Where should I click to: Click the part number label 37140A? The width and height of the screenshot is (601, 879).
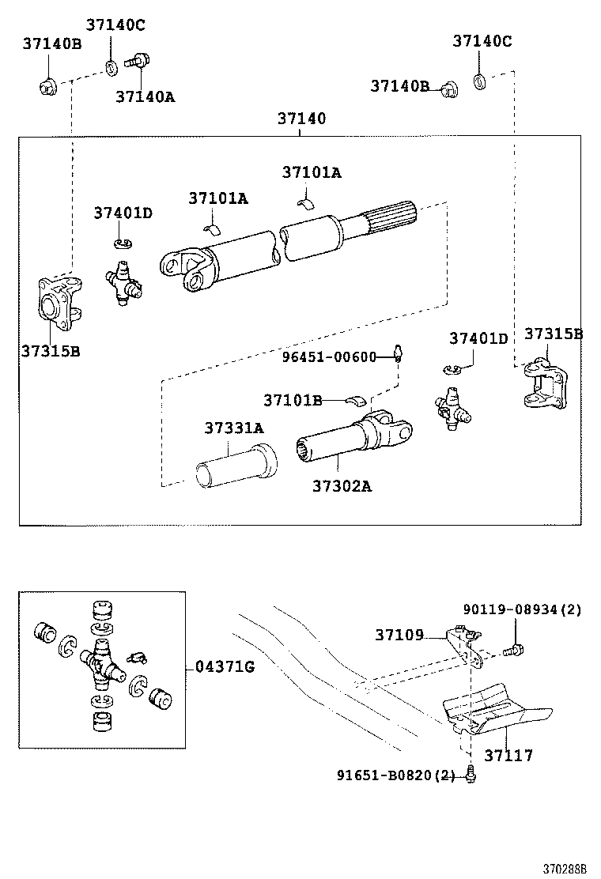pyautogui.click(x=145, y=96)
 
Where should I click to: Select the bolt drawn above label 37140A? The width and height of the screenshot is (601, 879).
pyautogui.click(x=142, y=59)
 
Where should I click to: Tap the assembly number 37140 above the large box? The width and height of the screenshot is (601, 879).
pyautogui.click(x=300, y=119)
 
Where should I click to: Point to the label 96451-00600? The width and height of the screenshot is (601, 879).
pyautogui.click(x=329, y=357)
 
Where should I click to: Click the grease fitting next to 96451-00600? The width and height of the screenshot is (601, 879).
pyautogui.click(x=399, y=353)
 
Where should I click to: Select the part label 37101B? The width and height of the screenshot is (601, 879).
pyautogui.click(x=293, y=400)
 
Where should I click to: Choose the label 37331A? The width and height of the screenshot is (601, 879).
pyautogui.click(x=234, y=428)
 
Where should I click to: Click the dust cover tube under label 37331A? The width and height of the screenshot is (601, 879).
pyautogui.click(x=236, y=469)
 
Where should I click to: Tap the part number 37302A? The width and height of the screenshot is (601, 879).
pyautogui.click(x=341, y=485)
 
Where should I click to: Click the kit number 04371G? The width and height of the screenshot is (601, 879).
pyautogui.click(x=225, y=667)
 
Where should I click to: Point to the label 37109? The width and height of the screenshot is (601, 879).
pyautogui.click(x=399, y=634)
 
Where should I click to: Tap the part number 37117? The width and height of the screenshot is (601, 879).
pyautogui.click(x=508, y=756)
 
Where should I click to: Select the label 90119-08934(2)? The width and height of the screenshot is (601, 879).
pyautogui.click(x=522, y=609)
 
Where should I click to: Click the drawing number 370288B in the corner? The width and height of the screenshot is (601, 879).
pyautogui.click(x=565, y=868)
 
